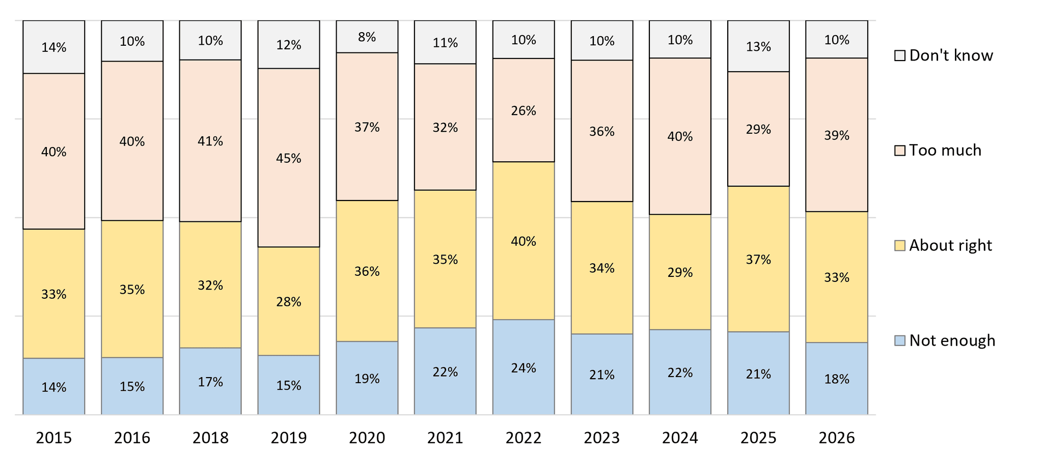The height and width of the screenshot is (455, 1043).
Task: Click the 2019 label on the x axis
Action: tap(289, 438)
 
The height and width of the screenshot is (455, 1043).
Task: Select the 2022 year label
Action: tap(524, 438)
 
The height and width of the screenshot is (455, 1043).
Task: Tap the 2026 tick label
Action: tap(837, 438)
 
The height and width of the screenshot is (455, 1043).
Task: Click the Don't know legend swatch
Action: tap(900, 55)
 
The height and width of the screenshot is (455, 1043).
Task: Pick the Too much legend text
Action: tap(945, 150)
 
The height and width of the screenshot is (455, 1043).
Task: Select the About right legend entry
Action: tap(944, 245)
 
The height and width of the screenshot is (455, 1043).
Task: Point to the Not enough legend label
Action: tap(952, 340)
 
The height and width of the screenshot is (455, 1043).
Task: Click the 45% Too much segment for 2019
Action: tap(289, 158)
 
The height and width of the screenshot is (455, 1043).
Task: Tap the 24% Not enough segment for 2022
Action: tap(524, 367)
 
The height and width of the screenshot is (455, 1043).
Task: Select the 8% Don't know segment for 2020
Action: tap(367, 37)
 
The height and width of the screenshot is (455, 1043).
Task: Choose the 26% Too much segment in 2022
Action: tap(524, 110)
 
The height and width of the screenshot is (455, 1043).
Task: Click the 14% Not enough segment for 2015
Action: tap(54, 386)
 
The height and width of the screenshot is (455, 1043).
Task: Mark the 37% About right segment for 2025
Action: tap(758, 259)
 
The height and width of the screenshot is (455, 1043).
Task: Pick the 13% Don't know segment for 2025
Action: tap(758, 46)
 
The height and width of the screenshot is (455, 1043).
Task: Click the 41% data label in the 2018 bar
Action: tap(210, 141)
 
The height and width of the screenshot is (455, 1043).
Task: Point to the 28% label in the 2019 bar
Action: tap(289, 302)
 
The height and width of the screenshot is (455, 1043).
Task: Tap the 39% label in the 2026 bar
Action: tap(837, 135)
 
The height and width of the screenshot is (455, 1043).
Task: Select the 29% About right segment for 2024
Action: tap(680, 272)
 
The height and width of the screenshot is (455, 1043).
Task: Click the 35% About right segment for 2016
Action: tap(132, 289)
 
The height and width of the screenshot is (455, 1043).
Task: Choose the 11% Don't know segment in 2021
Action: tap(445, 42)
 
